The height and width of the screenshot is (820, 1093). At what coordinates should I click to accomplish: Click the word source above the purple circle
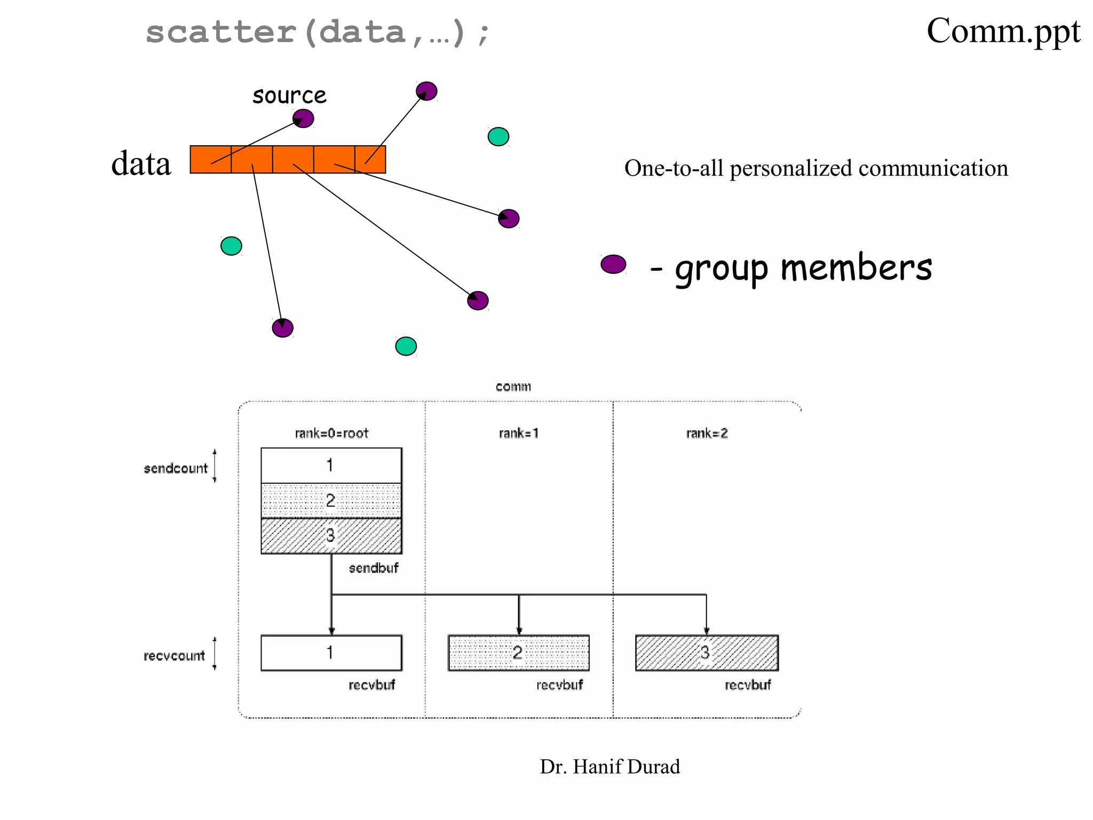pos(289,96)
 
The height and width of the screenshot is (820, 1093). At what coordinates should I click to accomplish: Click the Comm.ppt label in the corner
pos(1003,31)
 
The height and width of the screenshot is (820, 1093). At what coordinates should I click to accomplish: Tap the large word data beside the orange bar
pos(141,163)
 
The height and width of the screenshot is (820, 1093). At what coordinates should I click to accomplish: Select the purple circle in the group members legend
pos(613,264)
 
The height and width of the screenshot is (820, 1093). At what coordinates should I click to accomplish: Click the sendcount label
pos(176,468)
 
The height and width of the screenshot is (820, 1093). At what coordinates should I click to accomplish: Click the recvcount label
pos(174,656)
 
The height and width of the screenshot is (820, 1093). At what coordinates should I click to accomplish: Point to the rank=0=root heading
pos(331,433)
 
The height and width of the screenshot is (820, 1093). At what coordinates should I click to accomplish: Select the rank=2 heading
pos(707,433)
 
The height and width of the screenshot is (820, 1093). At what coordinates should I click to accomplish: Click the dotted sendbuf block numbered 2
pos(331,501)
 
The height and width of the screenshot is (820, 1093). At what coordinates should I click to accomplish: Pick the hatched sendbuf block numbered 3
pos(331,535)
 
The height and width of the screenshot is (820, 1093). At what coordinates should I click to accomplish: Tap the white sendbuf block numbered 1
pos(331,466)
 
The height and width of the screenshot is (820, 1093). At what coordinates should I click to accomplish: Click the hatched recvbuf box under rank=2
pos(707,652)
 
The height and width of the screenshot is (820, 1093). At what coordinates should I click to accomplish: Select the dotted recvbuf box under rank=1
pos(518,652)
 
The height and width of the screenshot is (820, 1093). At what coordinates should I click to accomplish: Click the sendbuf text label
pos(374,568)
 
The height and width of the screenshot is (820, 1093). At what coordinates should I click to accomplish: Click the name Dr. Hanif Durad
pos(609,767)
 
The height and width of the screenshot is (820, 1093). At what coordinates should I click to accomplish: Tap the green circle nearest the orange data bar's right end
pos(498,137)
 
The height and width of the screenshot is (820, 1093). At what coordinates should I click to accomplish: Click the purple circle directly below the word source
pos(303,119)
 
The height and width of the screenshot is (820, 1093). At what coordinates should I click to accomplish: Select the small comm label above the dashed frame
pos(513,387)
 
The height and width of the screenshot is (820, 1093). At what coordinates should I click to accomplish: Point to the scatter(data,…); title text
pos(317,32)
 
